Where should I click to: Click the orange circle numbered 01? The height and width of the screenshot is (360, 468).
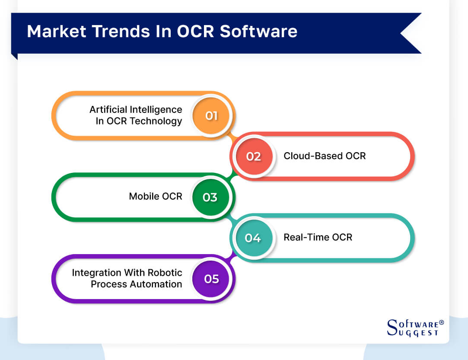(211, 116)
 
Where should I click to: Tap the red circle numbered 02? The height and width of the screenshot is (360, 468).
(254, 156)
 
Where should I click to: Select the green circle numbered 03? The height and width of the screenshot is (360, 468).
(210, 197)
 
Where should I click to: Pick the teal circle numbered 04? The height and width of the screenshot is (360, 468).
(253, 238)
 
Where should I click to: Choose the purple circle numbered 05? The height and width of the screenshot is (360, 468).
(211, 279)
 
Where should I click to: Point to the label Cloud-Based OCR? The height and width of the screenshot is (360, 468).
(325, 156)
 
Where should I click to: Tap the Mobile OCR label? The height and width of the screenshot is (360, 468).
(156, 197)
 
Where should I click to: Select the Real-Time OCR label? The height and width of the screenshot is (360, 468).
(318, 237)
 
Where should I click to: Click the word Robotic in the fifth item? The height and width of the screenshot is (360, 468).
(165, 273)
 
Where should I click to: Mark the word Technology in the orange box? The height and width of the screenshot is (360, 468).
(156, 121)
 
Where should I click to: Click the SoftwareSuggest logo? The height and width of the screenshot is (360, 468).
(413, 328)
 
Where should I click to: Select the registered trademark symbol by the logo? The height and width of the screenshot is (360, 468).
(441, 322)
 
